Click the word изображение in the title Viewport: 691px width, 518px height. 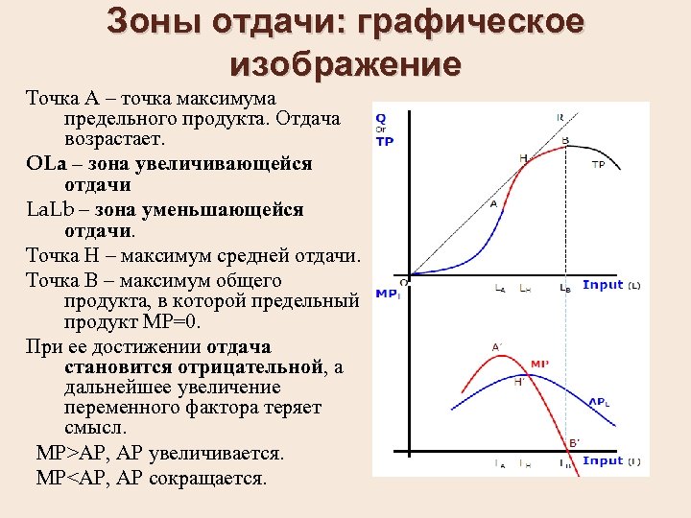tap(345, 65)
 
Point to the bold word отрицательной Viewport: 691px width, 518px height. tap(248, 366)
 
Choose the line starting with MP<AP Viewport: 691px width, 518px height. tap(152, 477)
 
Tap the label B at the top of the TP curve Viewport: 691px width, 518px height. tap(564, 141)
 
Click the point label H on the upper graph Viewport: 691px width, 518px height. tap(523, 156)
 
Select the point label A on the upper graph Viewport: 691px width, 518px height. tap(493, 204)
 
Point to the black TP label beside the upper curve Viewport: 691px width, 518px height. tap(598, 164)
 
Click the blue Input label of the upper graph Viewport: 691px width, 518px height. tap(603, 285)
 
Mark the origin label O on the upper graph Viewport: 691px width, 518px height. tap(403, 282)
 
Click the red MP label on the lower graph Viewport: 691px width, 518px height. tap(539, 365)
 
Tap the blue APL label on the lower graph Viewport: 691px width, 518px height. tap(598, 401)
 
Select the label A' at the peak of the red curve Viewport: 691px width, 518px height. tap(497, 347)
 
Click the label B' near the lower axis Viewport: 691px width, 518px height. tap(575, 442)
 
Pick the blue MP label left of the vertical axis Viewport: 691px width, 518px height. tap(387, 293)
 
